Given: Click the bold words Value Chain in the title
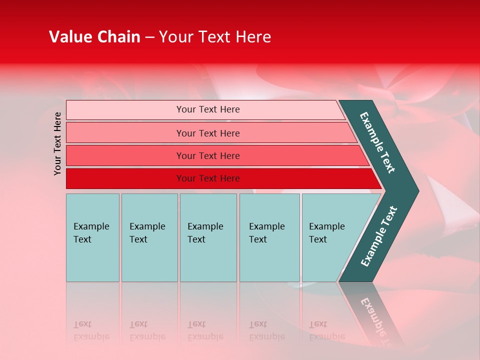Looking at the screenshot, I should click(94, 37).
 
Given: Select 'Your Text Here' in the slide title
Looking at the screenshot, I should click(215, 37).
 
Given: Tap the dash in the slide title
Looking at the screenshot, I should click(149, 37).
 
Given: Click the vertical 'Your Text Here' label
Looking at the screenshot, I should click(57, 143).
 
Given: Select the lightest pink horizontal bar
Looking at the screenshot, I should click(125, 110).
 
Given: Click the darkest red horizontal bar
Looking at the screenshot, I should click(125, 178).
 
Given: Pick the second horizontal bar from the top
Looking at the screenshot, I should click(125, 133).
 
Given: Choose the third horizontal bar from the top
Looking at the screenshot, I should click(125, 155).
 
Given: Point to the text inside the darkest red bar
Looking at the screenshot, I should click(208, 178).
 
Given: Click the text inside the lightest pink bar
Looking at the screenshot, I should click(208, 109).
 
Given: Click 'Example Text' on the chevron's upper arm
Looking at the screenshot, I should click(377, 142).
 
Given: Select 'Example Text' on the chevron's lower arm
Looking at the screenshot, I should click(379, 236).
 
